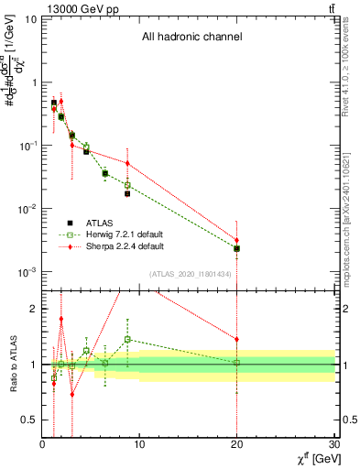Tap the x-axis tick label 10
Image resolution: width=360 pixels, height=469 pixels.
[x=139, y=445]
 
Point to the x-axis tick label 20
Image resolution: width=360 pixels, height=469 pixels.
[x=237, y=445]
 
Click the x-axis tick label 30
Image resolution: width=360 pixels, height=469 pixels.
[x=333, y=445]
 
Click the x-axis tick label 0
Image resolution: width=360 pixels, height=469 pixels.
[x=42, y=445]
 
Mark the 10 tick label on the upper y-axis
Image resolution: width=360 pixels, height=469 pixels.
[x=31, y=18]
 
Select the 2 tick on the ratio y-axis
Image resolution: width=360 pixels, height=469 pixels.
[x=34, y=309]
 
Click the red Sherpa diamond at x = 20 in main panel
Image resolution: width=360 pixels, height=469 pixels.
[x=237, y=240]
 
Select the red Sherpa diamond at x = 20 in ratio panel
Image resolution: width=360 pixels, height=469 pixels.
[x=237, y=339]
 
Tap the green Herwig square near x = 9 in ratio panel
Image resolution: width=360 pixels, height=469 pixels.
[x=127, y=339]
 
